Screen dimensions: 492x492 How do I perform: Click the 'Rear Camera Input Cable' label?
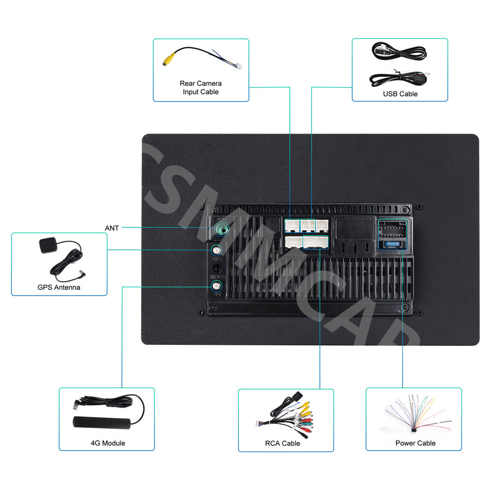pos(200,88)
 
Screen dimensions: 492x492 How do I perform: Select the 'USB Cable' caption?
pos(400,94)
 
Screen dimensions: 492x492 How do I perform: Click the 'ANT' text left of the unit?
pos(112,228)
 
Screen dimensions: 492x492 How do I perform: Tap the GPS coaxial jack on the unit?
pos(216,250)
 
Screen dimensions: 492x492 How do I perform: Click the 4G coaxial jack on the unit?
pos(216,285)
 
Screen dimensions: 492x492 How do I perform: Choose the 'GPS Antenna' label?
pos(59,287)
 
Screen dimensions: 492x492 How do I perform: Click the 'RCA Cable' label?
pos(282,443)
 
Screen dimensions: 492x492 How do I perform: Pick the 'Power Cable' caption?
pos(415,443)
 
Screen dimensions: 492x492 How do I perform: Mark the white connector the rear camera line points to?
pos(292,225)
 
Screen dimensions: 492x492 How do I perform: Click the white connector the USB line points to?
pos(308,225)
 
